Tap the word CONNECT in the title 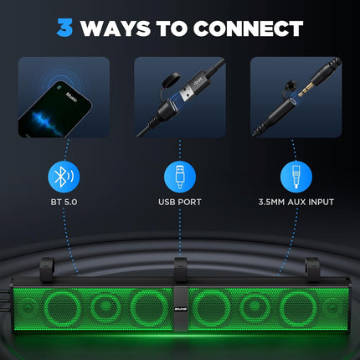click(x=249, y=28)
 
